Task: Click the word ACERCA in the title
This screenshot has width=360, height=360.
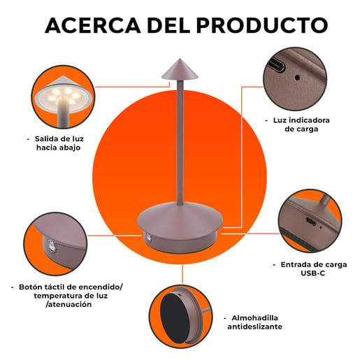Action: pos(93,25)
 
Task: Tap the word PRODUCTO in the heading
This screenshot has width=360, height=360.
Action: pos(262,25)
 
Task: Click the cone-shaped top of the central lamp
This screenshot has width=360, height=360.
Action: pos(180,69)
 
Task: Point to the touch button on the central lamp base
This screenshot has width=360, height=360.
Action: pos(148,238)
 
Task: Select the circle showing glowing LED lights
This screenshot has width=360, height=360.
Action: pos(63,96)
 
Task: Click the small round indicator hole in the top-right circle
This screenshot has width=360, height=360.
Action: pos(297,78)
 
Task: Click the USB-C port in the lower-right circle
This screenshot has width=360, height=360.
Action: pos(311,221)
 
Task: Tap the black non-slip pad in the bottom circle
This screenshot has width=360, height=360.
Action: pos(174,318)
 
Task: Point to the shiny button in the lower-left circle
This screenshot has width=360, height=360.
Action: pos(52,246)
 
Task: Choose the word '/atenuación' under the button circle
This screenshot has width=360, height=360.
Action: pos(69,304)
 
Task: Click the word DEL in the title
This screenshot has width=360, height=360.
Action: pos(168,25)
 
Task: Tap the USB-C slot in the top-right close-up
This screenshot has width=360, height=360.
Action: pos(277,64)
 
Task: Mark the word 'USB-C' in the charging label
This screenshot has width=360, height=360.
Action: pos(312,273)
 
